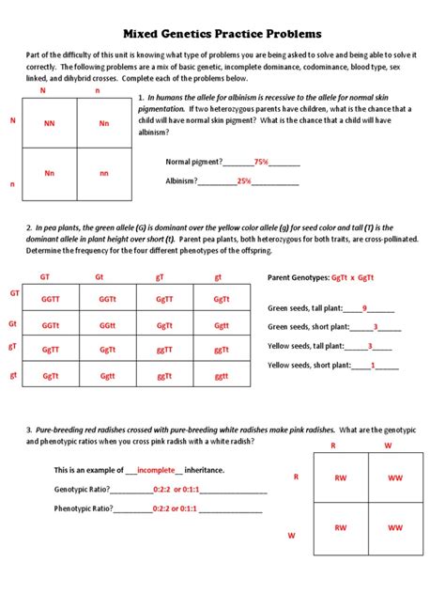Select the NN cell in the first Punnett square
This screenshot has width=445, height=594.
coord(49,123)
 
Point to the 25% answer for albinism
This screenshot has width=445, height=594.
coord(243,180)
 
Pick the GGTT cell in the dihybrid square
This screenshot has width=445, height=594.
coord(50,299)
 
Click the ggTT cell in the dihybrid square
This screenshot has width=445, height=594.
coord(164,350)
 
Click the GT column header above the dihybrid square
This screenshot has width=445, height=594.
coord(44,277)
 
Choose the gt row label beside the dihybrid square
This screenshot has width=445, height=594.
coord(13,375)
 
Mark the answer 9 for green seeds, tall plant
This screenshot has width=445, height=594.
coord(364,307)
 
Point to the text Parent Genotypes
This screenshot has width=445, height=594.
coord(298,278)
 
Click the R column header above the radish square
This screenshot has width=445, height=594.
coord(331,446)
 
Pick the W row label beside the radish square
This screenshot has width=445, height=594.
coord(291,535)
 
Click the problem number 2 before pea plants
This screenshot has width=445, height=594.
coord(28,227)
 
